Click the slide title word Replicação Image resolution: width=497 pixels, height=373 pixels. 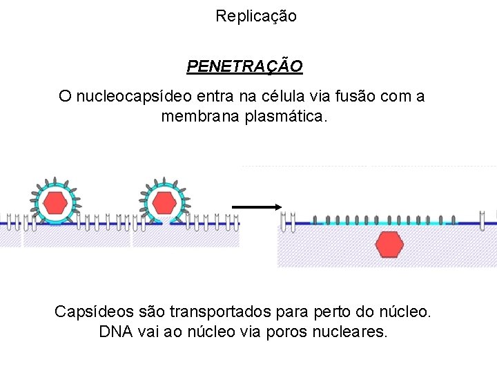point(255,16)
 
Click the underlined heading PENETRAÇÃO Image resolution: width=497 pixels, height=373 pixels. point(244,66)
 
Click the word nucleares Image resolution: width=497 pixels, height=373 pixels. point(351,332)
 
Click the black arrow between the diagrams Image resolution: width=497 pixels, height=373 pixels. point(256,207)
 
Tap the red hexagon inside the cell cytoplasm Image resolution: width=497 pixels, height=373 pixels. point(390,245)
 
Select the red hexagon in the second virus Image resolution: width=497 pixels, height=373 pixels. point(164,202)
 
